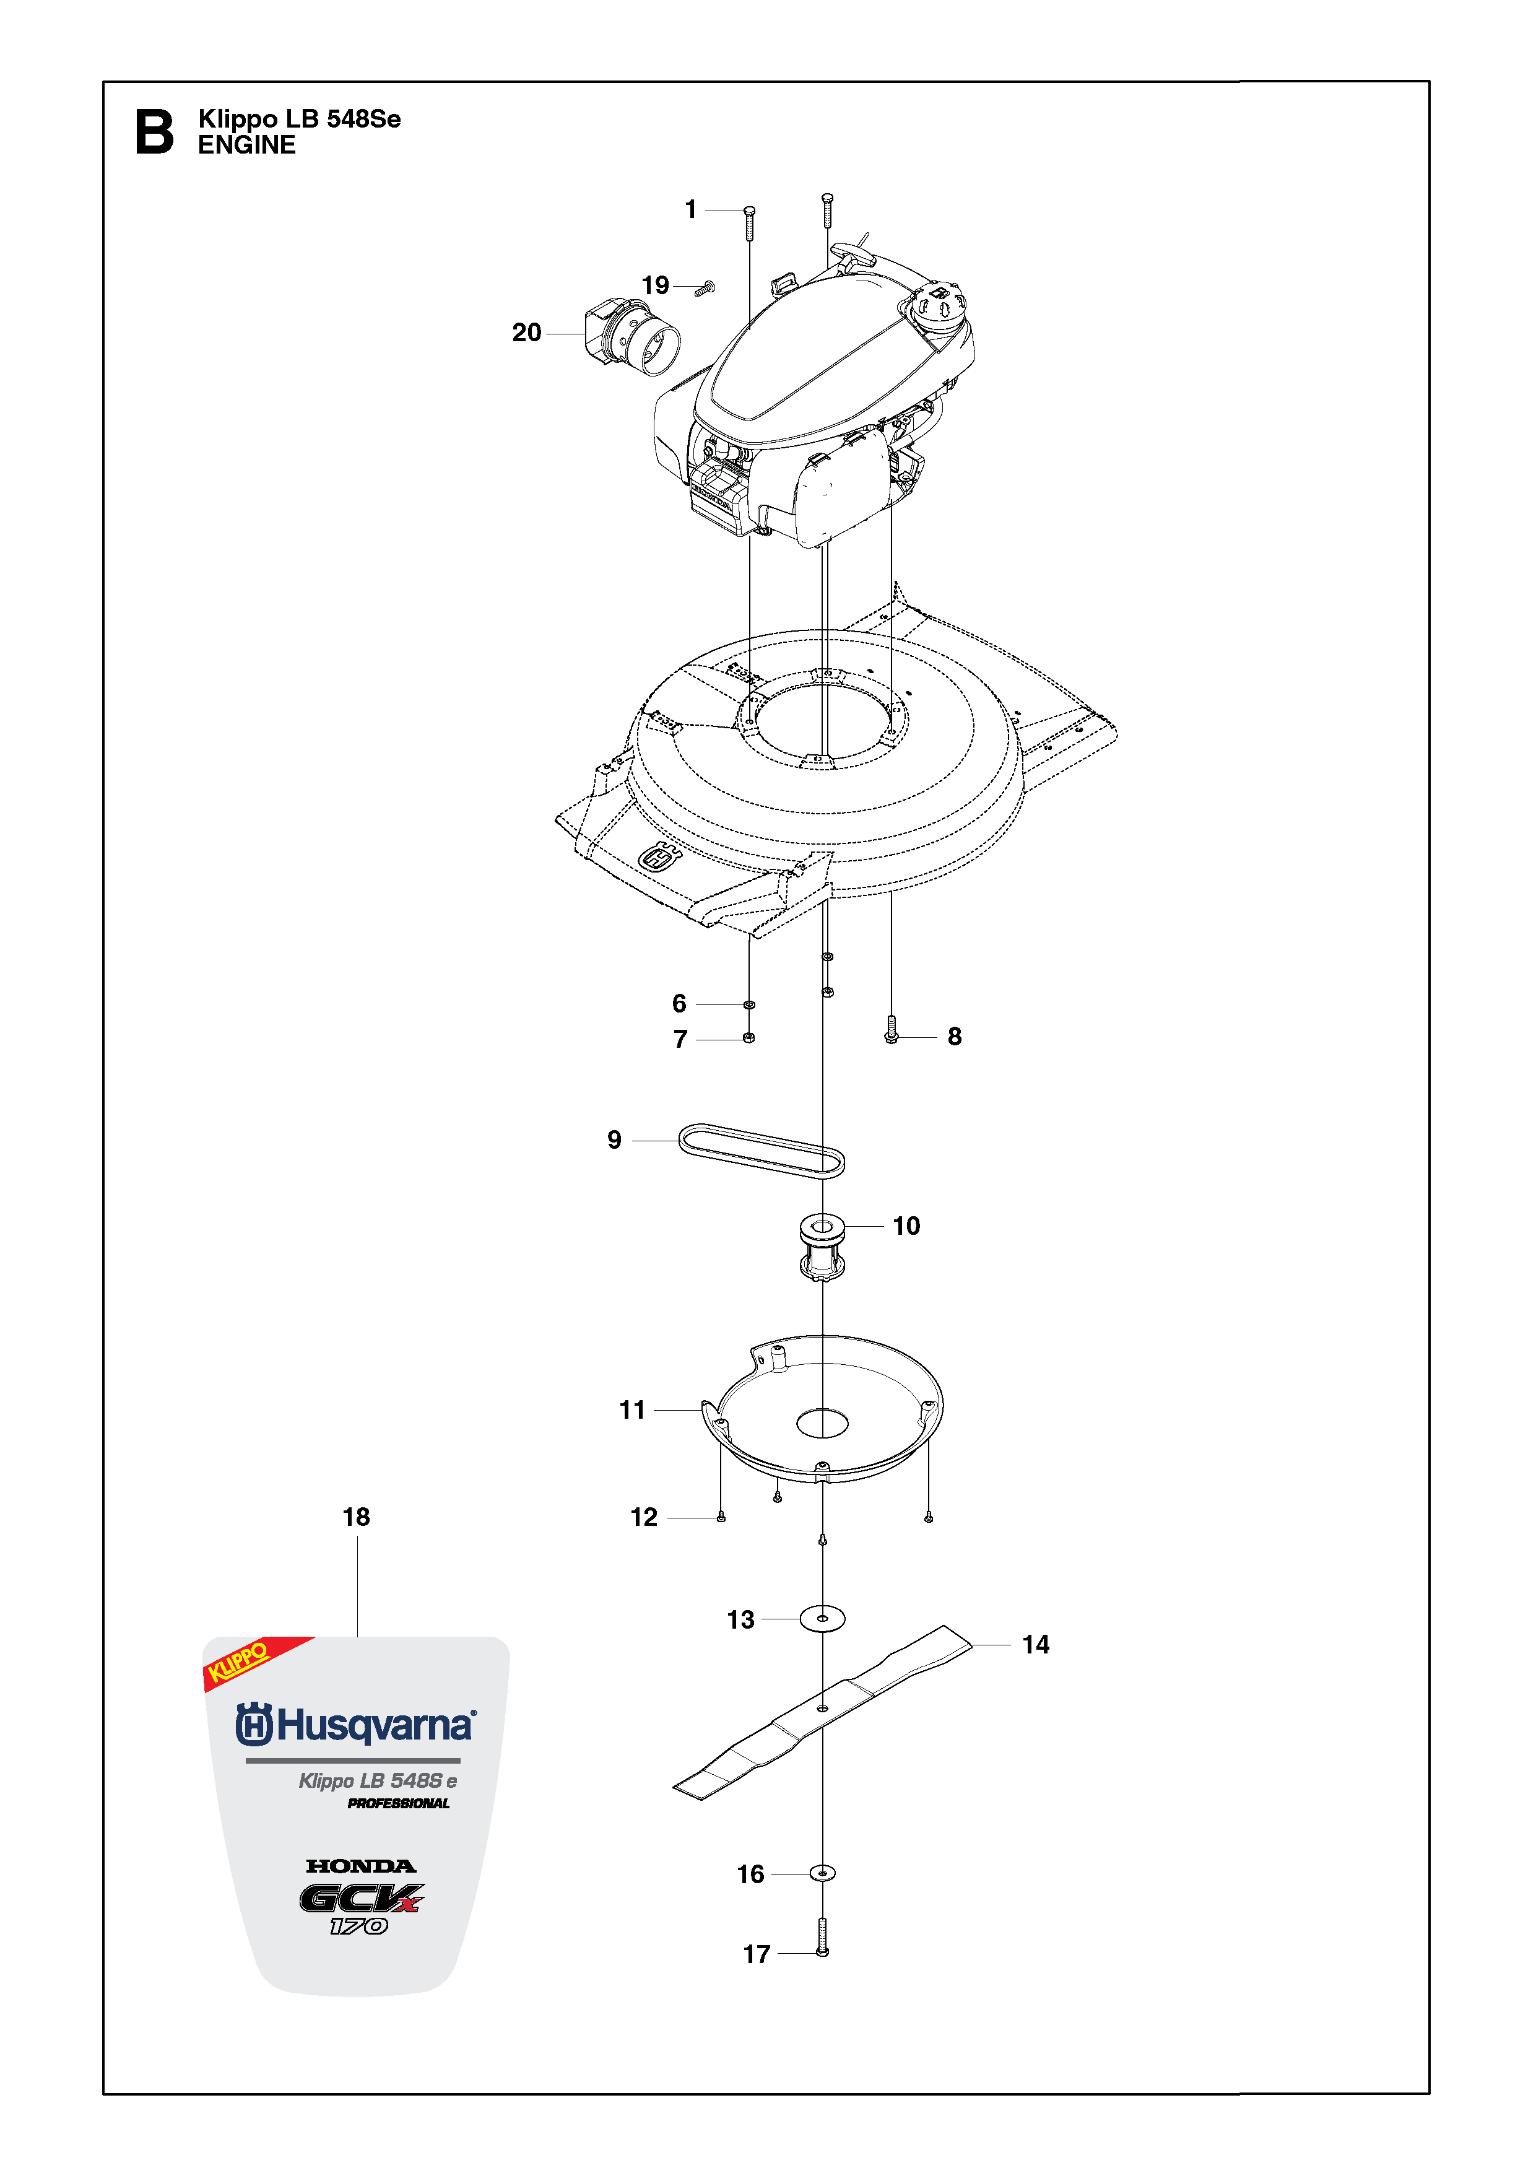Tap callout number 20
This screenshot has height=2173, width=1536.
(x=527, y=333)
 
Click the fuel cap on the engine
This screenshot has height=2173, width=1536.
(x=937, y=304)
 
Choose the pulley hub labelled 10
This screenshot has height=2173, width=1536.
(x=822, y=1247)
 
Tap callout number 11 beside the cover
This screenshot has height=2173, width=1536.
(x=632, y=1410)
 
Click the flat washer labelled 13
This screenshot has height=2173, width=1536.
(x=822, y=1618)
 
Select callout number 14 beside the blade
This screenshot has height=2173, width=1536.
(x=1035, y=1645)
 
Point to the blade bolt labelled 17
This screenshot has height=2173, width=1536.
(x=822, y=1936)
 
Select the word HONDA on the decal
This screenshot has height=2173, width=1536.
(x=360, y=1866)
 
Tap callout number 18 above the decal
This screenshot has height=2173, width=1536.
(x=356, y=1517)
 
